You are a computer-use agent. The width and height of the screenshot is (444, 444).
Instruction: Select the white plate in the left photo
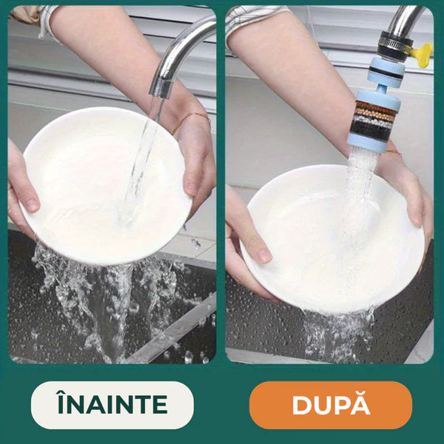tap(106, 186)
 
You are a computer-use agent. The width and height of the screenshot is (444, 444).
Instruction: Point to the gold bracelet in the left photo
tap(192, 120)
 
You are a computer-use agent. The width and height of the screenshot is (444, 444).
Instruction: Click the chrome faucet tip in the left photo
tap(161, 89)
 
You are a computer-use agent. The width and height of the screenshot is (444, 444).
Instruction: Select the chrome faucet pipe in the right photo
tap(403, 19)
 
